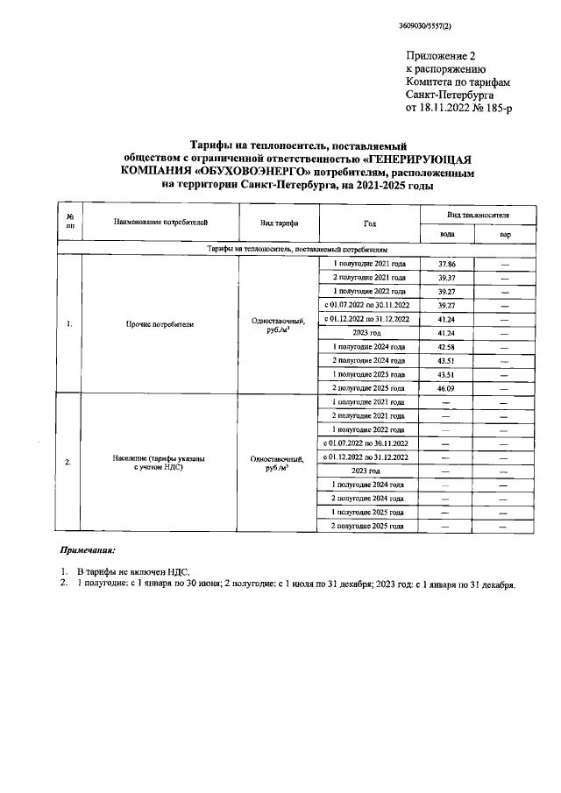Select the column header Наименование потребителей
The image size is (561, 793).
[159, 223]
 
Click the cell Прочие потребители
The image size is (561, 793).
[159, 324]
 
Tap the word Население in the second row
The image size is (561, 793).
[132, 458]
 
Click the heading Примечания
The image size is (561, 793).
[88, 552]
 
